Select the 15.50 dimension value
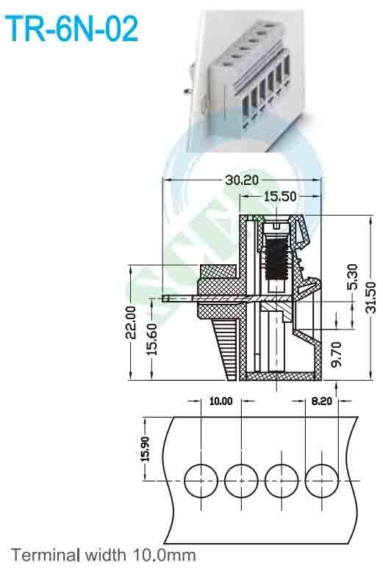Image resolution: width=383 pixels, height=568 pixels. point(281,197)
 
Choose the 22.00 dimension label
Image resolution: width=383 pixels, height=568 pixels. point(131,323)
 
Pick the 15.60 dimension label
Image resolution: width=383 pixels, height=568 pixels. point(152,339)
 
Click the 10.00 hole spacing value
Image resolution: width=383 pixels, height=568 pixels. point(221,401)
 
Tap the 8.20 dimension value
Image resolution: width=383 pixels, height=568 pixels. point(322,401)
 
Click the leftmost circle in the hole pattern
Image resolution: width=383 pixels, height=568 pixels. point(201,481)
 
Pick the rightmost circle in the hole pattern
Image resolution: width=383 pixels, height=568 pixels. point(321,481)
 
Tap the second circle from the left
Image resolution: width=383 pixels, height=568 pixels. point(241,481)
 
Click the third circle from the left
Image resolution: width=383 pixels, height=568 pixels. point(282,481)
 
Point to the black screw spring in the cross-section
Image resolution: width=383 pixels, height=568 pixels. point(276,261)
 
